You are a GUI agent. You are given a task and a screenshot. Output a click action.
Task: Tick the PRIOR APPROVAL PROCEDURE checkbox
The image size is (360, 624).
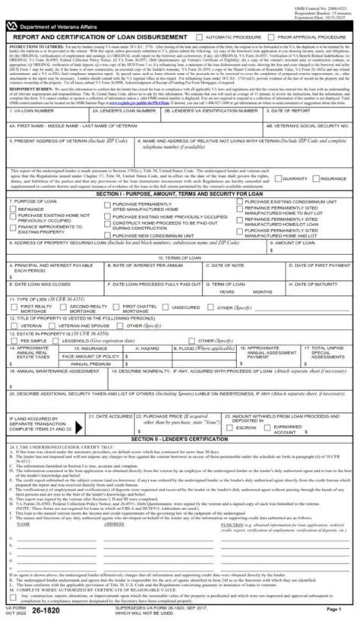coord(274,36)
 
